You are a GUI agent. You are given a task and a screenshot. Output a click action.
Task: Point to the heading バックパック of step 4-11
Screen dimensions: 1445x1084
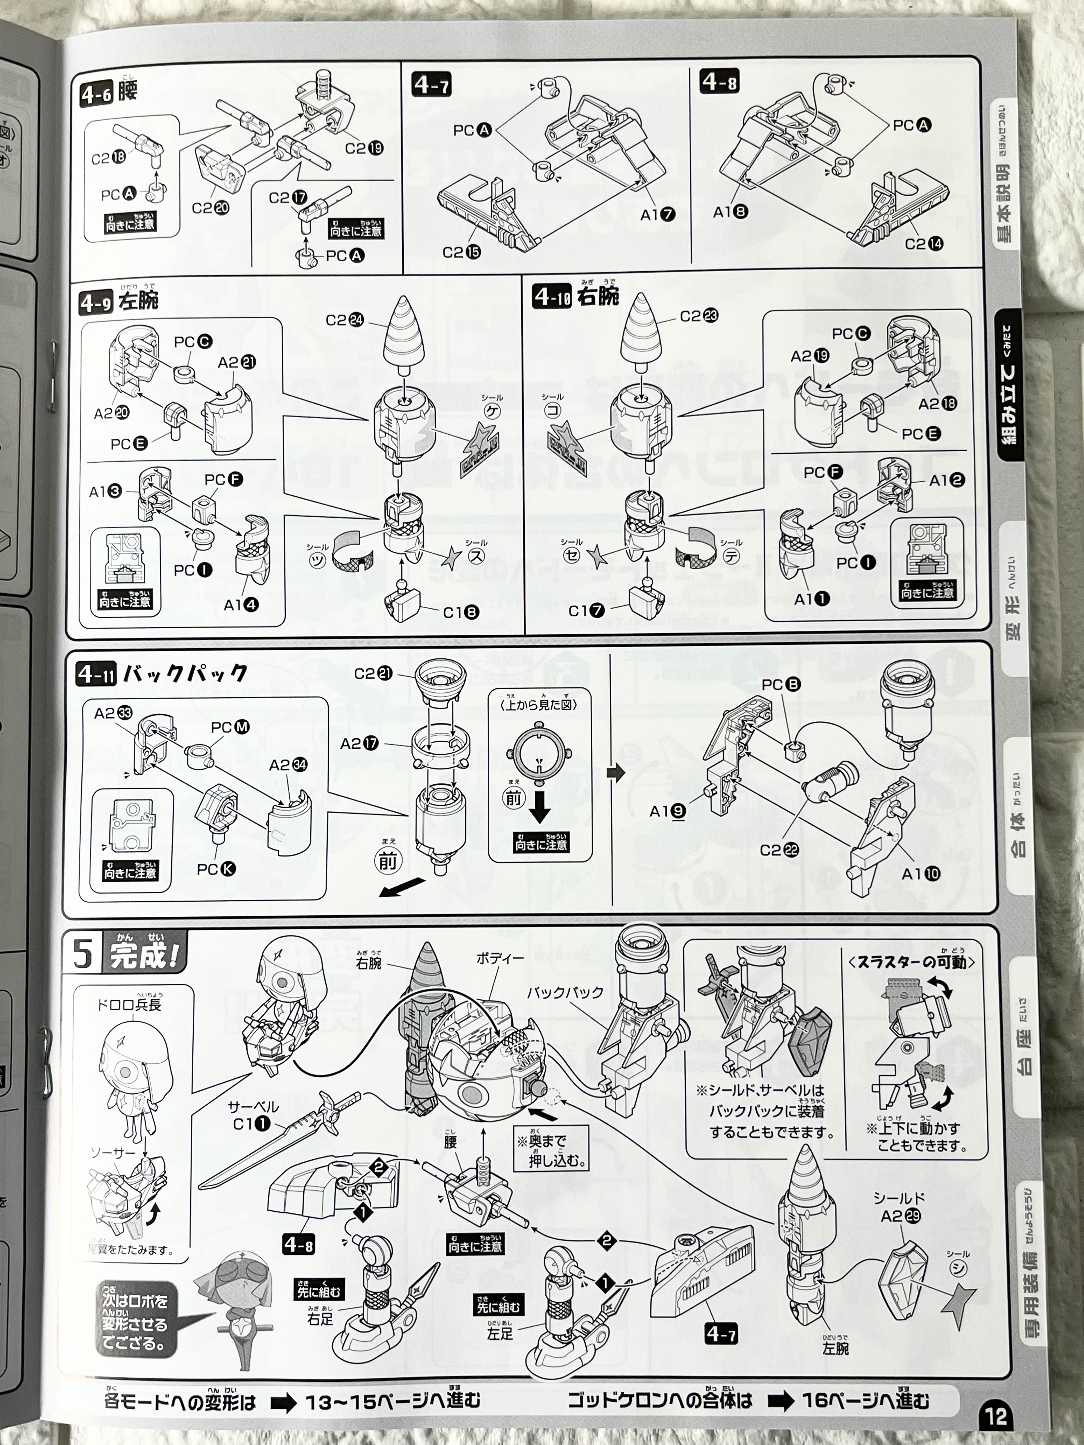[186, 673]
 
